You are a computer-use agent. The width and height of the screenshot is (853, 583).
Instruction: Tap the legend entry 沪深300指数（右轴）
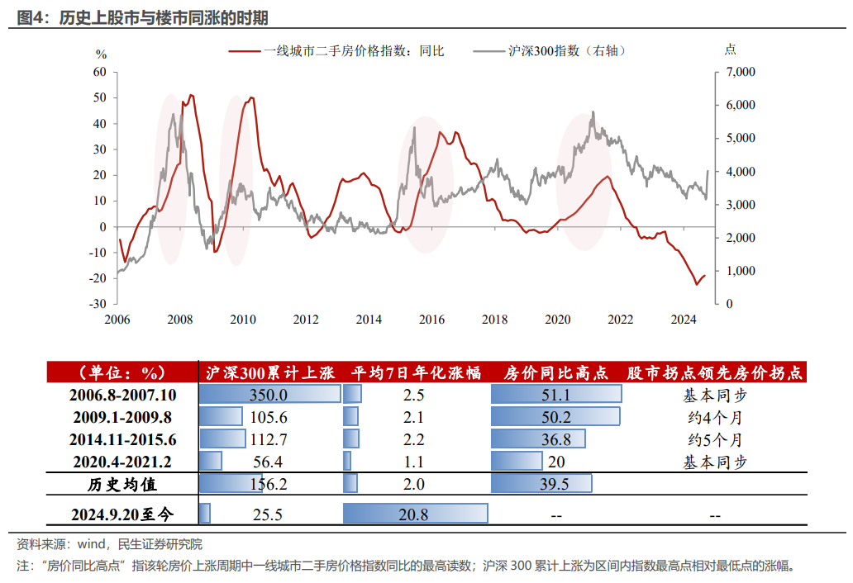tap(566, 51)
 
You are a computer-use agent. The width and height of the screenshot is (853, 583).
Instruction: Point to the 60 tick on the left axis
tap(100, 72)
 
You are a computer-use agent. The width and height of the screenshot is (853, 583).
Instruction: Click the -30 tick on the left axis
tap(98, 304)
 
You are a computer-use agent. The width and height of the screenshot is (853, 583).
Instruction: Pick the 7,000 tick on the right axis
tap(741, 72)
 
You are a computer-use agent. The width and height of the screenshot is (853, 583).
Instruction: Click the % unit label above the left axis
tap(101, 55)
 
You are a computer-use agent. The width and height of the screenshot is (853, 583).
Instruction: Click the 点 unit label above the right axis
tap(730, 50)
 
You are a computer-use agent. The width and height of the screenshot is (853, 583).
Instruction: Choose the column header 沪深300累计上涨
tap(269, 373)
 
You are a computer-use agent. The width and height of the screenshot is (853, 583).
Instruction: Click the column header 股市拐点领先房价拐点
tap(715, 373)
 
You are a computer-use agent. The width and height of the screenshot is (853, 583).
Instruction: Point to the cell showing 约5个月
tap(714, 438)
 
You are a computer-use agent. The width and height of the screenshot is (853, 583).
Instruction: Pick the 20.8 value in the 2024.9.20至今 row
tap(413, 514)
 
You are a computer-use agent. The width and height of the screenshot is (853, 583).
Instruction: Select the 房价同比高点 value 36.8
tap(555, 438)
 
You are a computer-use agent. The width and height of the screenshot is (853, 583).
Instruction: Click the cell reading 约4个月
tap(714, 417)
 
